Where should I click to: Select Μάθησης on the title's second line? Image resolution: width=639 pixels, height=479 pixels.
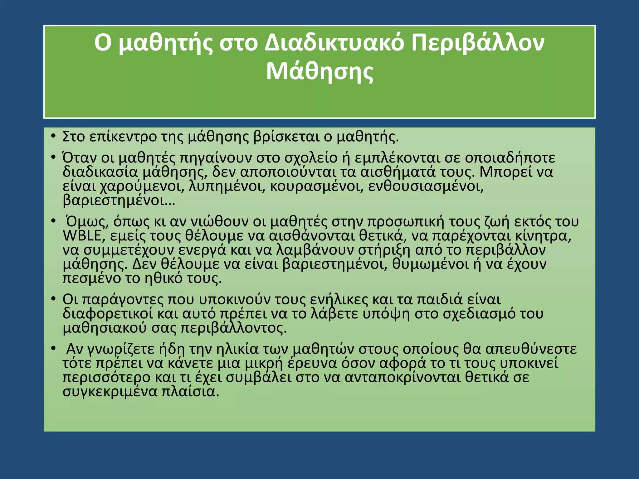tap(319, 72)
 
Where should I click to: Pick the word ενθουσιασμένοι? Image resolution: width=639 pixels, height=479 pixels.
tap(426, 186)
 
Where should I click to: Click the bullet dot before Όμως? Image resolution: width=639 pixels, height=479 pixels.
tap(53, 221)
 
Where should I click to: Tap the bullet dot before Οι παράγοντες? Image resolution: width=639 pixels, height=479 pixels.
tap(53, 299)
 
